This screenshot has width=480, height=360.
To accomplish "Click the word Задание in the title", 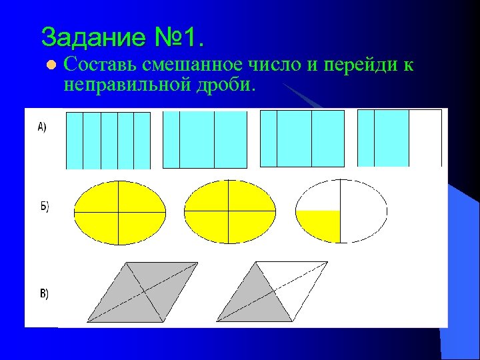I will (91, 37).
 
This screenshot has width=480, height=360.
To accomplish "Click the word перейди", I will (361, 65).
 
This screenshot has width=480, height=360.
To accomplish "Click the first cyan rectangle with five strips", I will (108, 140).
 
